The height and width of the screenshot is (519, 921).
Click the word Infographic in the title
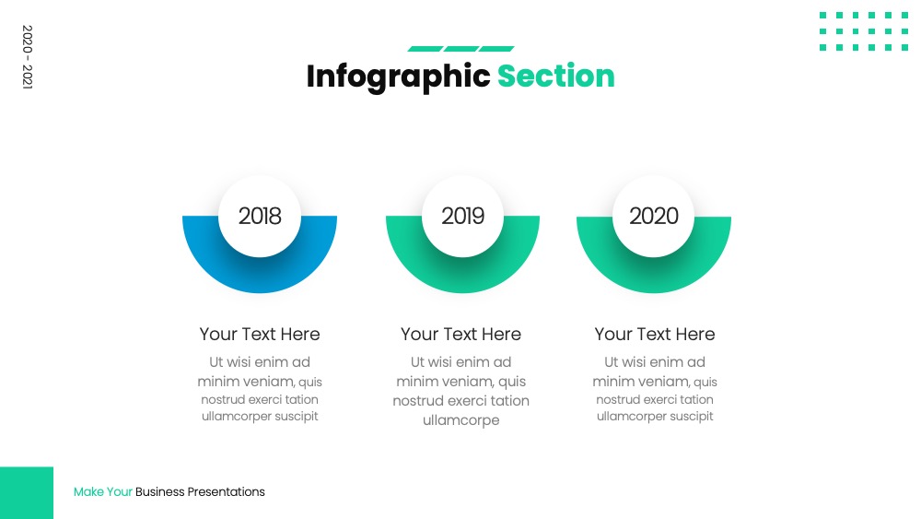398,77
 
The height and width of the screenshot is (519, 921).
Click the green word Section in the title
555,77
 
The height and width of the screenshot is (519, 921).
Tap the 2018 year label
260,217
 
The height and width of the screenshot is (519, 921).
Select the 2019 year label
463,217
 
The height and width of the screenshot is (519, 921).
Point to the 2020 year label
654,217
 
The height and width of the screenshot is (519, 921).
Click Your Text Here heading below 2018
260,334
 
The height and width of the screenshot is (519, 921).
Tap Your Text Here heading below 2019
461,334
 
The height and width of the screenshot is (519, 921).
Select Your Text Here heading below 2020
655,334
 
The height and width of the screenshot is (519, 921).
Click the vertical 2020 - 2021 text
27,57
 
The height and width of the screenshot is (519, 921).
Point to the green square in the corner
27,493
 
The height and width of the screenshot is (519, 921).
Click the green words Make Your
103,492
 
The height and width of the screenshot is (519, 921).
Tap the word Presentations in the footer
227,492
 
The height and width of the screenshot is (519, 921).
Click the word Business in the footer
159,492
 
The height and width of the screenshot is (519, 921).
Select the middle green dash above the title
461,49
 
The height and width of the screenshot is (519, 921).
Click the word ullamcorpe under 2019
461,420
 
